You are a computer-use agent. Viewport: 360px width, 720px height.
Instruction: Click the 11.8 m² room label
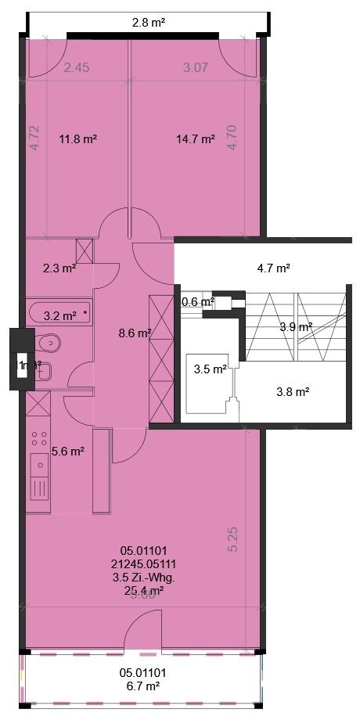tap(78, 139)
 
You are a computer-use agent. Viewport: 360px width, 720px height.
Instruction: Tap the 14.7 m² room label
tap(195, 139)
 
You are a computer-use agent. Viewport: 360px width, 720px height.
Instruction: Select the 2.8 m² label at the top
tap(149, 23)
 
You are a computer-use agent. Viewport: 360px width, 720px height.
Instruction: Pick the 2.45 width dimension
tap(77, 68)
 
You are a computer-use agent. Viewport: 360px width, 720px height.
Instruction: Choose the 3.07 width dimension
tap(195, 68)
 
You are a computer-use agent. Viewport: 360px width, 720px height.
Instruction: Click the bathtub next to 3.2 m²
tap(59, 315)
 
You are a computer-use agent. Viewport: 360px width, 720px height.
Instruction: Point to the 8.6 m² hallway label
tap(134, 333)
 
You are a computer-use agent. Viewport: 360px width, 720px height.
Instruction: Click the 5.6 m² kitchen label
tap(67, 451)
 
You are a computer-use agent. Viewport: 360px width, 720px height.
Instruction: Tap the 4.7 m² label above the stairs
tap(274, 268)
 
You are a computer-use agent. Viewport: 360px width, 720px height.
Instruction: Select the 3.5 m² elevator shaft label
tap(211, 369)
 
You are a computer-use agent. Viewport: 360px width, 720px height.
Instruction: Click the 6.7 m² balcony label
tap(142, 686)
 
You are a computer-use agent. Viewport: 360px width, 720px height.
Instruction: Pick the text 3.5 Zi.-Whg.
tap(142, 578)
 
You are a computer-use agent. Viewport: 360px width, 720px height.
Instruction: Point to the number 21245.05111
tap(142, 564)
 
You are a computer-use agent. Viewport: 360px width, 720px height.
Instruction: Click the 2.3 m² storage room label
tap(59, 268)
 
